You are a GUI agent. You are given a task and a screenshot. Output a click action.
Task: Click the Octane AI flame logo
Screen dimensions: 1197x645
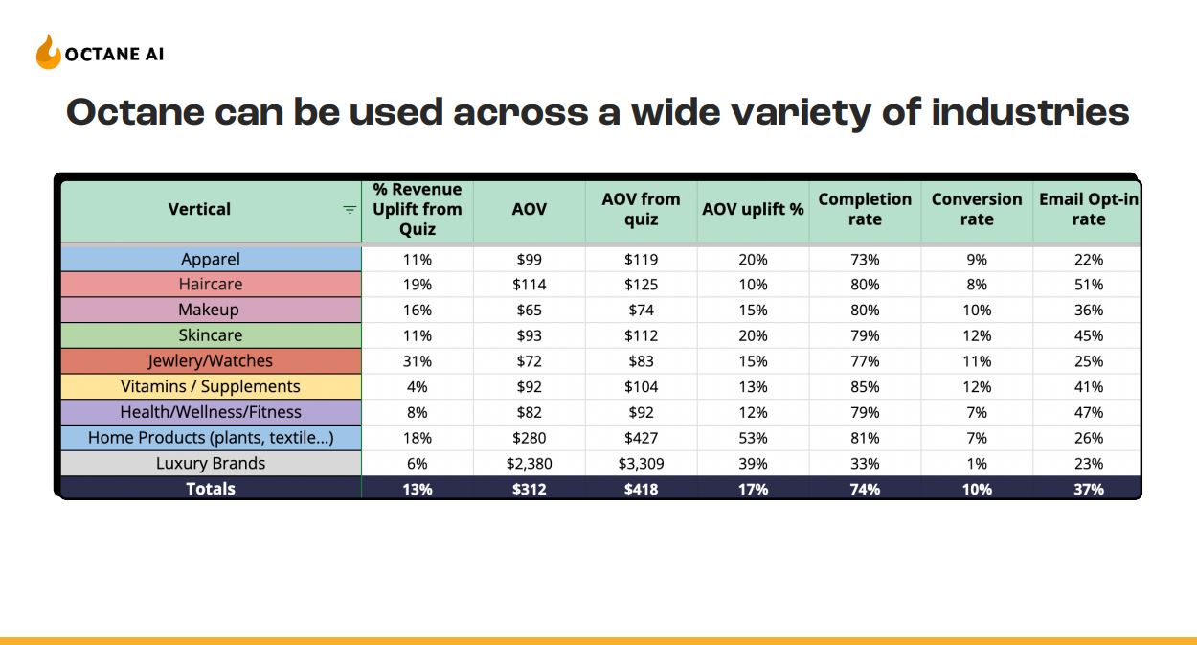point(48,52)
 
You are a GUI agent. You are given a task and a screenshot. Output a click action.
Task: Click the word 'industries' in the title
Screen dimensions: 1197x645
point(1030,112)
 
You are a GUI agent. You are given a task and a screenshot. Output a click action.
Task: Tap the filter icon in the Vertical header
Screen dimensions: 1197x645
point(350,210)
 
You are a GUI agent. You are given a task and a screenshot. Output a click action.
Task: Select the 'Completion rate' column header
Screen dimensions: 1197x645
point(865,209)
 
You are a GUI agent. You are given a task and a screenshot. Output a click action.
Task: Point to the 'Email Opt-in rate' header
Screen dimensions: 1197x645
point(1089,209)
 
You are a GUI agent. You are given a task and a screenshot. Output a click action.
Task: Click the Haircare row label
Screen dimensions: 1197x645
point(211,284)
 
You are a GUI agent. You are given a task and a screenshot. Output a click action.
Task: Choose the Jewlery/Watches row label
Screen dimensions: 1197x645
point(211,361)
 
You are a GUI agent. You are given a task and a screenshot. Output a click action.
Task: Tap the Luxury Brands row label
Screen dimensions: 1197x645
point(211,463)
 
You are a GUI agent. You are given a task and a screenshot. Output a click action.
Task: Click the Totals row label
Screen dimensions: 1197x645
point(211,489)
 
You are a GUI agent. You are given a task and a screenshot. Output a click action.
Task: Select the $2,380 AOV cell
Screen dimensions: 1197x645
point(529,464)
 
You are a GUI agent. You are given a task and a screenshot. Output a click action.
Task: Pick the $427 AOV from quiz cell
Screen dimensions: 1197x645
point(641,438)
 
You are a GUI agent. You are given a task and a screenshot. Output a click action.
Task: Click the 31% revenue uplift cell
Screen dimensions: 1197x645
point(417,361)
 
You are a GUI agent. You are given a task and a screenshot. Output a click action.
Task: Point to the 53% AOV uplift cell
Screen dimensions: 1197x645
point(753,438)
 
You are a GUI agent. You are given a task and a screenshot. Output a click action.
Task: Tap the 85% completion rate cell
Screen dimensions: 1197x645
point(865,386)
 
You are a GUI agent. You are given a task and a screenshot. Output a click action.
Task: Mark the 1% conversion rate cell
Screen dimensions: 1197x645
point(977,464)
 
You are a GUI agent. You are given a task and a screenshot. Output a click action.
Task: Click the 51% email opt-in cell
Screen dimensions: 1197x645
point(1089,285)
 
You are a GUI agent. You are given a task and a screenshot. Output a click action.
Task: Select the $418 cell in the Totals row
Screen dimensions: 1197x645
point(641,490)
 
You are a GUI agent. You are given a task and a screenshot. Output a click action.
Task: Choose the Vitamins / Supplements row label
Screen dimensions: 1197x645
point(211,386)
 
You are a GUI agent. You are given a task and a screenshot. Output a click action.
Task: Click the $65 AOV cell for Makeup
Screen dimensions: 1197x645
point(529,311)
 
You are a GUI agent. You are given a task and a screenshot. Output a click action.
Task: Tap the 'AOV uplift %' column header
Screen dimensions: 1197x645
point(753,209)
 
